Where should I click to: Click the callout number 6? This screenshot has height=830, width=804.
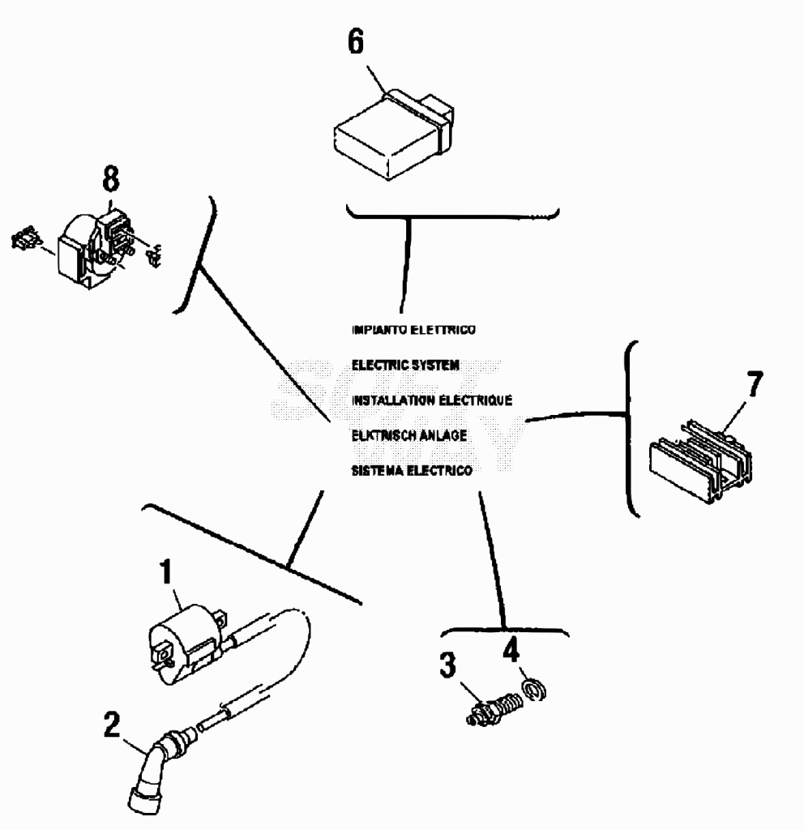(356, 41)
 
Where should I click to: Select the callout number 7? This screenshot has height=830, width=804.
(755, 383)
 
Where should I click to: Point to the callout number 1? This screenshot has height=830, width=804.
(166, 571)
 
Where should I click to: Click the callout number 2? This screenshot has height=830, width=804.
(112, 725)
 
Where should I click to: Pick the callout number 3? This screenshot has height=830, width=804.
(447, 665)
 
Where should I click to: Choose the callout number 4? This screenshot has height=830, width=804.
(511, 649)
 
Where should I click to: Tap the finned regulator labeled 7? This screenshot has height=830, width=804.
(700, 461)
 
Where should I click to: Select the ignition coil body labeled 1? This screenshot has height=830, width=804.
(188, 643)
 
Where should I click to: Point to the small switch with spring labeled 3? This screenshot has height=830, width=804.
(494, 708)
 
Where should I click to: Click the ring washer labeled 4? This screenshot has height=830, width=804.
(535, 691)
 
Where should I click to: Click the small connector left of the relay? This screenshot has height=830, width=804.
(25, 239)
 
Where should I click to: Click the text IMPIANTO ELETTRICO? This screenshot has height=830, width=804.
(414, 330)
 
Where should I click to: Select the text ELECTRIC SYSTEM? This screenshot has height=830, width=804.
(405, 366)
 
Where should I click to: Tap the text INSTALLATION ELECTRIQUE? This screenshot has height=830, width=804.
(432, 400)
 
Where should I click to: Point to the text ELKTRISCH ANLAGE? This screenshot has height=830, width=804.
(409, 435)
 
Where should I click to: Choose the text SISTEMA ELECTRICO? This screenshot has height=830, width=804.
(412, 471)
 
